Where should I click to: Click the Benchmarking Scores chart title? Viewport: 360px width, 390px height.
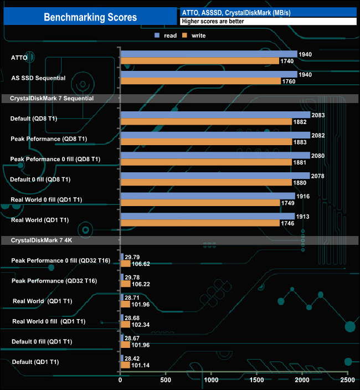click(90, 17)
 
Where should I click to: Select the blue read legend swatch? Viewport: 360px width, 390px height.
click(157, 35)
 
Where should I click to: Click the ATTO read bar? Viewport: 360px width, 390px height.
click(208, 54)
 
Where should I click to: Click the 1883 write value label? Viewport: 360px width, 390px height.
click(300, 142)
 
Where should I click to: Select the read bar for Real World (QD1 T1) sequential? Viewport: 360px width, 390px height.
click(207, 217)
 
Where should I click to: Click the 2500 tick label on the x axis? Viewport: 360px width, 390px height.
click(347, 381)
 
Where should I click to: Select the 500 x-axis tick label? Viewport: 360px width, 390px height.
click(166, 381)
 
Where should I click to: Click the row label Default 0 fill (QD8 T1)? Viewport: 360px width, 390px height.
click(40, 179)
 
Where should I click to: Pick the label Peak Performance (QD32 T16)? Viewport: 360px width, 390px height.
click(53, 281)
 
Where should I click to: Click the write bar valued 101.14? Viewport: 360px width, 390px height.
click(125, 365)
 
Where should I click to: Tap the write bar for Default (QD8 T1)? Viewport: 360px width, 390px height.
click(205, 122)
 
